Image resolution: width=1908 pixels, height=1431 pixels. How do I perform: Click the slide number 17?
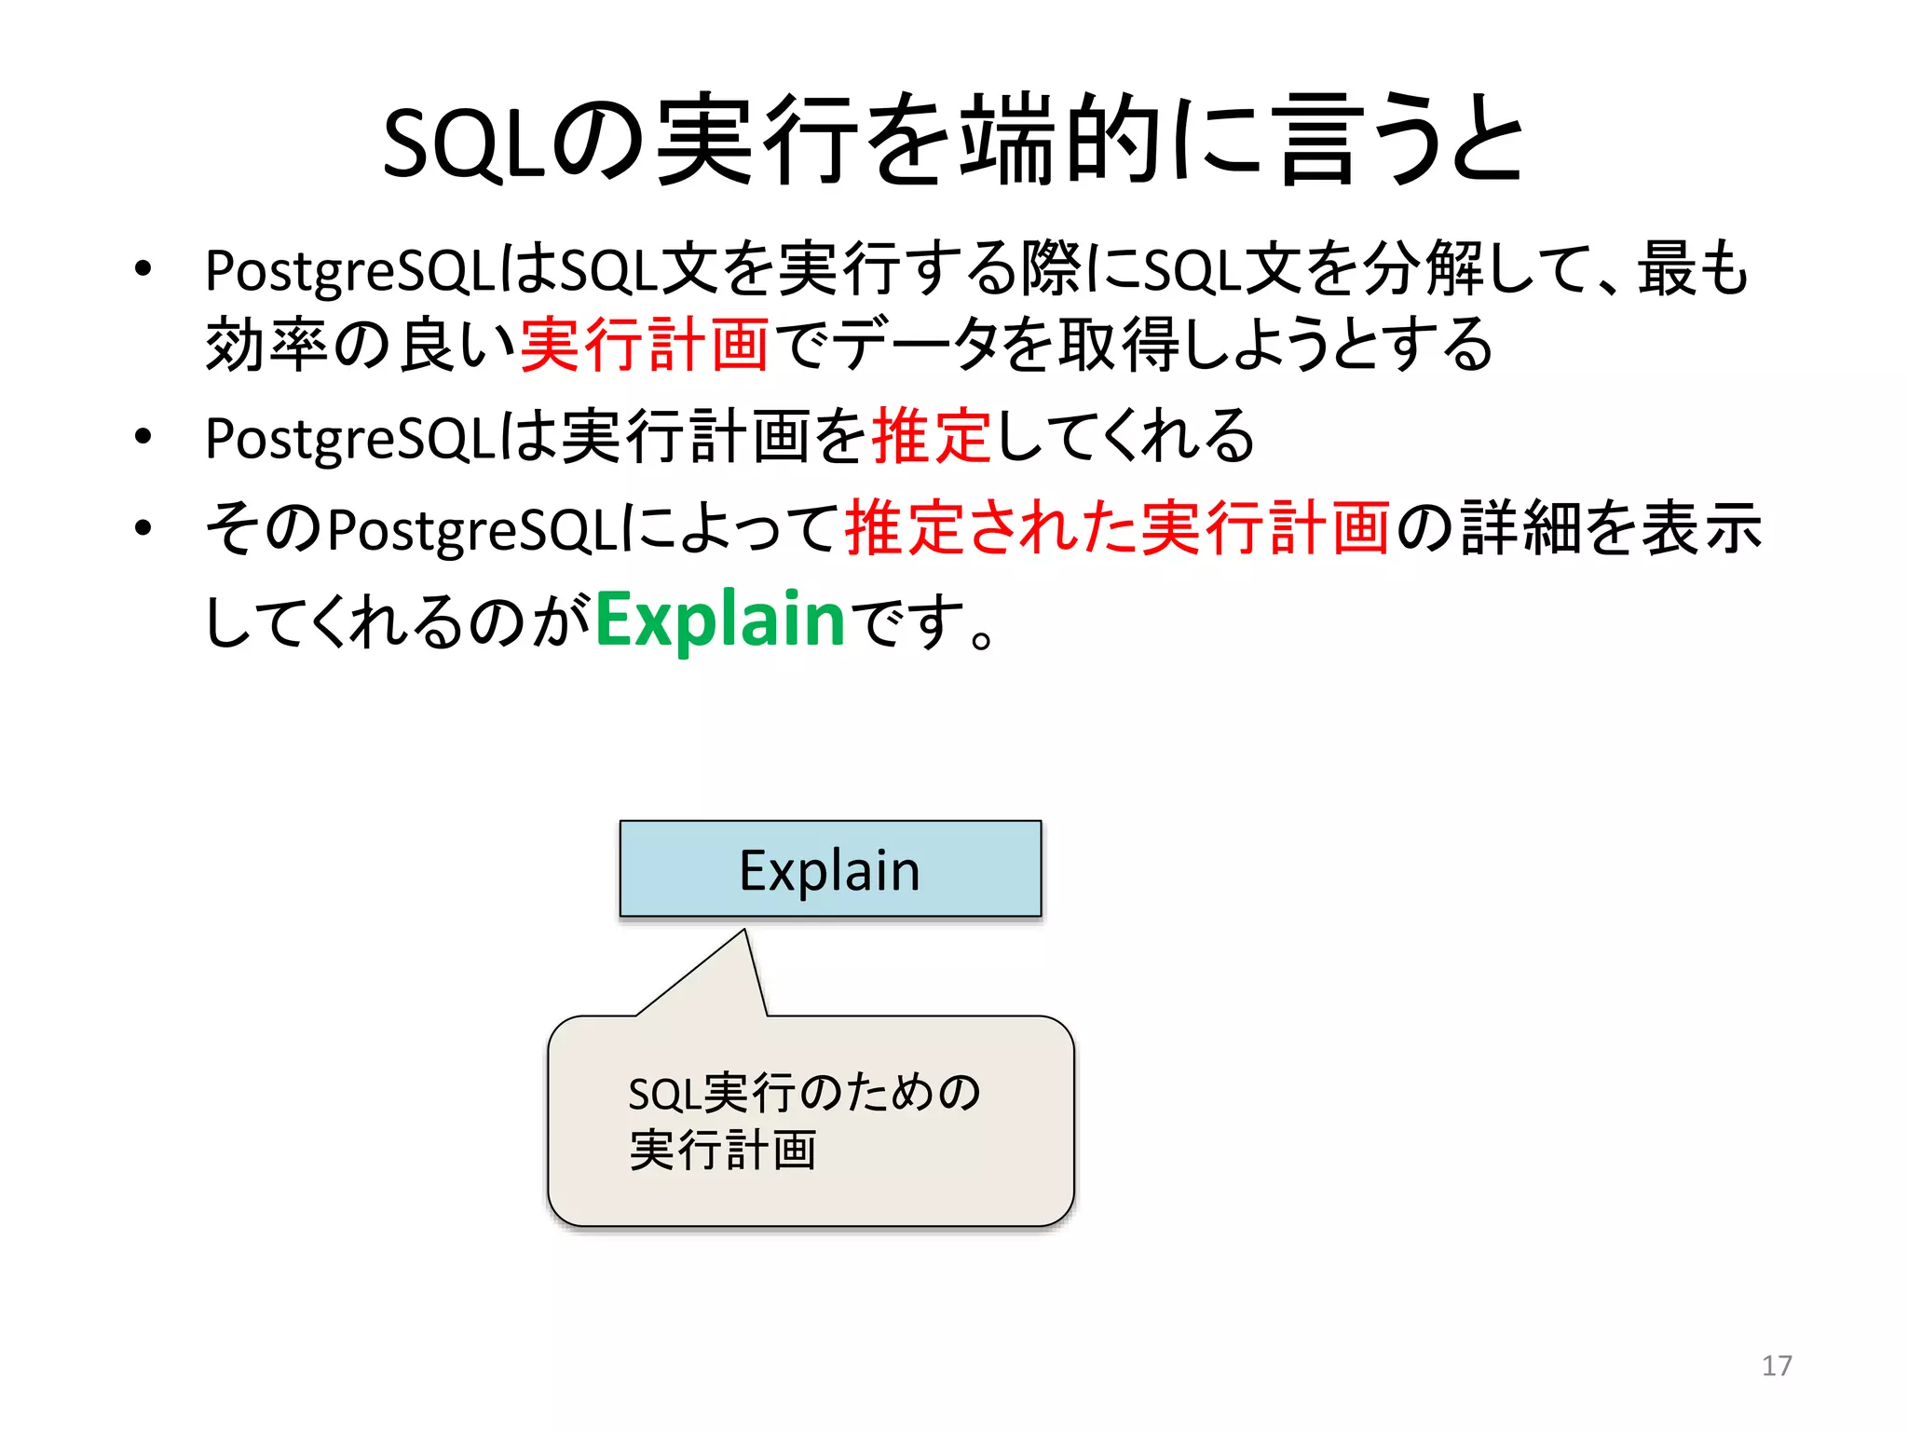coord(1776,1366)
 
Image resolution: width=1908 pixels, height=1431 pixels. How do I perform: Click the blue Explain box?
coord(830,869)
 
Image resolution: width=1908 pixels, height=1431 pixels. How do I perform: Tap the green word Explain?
coord(719,620)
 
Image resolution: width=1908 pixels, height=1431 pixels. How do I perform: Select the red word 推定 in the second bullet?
coord(931,437)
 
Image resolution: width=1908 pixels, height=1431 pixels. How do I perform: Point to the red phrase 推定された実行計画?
coord(1117,528)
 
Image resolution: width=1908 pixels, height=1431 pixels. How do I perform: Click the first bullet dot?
coord(143,270)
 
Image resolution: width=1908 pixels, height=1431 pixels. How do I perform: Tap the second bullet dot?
coord(143,437)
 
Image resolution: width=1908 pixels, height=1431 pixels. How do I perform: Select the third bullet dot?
coord(143,528)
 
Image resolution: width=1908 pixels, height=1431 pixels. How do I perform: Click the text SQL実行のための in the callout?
coord(804,1093)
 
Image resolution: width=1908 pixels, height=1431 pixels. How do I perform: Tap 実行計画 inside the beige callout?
coord(723,1150)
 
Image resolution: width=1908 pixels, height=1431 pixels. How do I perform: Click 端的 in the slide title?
coord(1060,142)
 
